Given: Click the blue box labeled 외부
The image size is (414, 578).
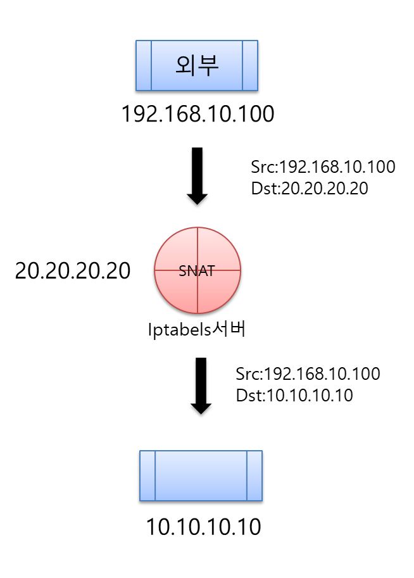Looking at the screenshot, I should coord(197,65).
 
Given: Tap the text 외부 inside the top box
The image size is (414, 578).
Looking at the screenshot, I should coord(197,66).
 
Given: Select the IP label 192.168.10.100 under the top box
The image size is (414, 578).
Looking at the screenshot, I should coord(198,115).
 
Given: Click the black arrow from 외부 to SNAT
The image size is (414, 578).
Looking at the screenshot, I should coord(198,172).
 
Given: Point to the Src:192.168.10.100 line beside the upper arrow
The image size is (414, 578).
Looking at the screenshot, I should coord(323,167).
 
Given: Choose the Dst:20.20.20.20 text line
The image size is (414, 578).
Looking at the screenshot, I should coord(310,189).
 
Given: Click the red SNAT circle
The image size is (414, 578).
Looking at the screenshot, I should coord(198,270).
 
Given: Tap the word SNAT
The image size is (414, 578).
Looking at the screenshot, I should coord(197,271).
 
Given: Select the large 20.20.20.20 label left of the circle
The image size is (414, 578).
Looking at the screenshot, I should coord(73,271).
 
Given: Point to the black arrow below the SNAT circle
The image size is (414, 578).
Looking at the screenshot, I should coord(201,383).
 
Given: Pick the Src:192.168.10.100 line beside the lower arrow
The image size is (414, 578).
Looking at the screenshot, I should coord(308,374).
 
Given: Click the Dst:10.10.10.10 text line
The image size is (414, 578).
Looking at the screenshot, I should coord(294,395).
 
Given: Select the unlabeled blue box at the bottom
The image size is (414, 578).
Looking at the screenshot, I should coord(201,475).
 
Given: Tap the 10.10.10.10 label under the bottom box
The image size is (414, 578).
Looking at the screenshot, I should coord(203,527).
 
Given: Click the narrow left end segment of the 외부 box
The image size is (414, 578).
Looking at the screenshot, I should coord(144,65).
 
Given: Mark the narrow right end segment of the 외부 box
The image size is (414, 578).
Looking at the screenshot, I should coord(250,65).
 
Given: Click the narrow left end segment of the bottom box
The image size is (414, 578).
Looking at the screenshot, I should coord(147,475).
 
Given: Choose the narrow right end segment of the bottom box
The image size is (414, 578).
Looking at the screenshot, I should coord(254,475).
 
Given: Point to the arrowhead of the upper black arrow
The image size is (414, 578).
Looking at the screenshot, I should coord(198,197).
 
